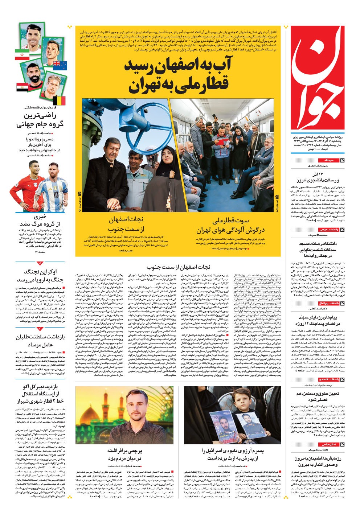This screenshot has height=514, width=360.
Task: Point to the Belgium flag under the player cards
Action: [x=59, y=101]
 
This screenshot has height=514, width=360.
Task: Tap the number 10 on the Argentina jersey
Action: [x=55, y=196]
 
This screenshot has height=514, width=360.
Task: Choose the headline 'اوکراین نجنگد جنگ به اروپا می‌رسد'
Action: [x=40, y=276]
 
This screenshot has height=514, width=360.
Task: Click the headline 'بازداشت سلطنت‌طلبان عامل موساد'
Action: [x=40, y=341]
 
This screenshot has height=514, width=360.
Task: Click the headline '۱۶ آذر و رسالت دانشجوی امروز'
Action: [x=317, y=178]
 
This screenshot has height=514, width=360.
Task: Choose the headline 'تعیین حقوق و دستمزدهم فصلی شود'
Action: [x=317, y=396]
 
